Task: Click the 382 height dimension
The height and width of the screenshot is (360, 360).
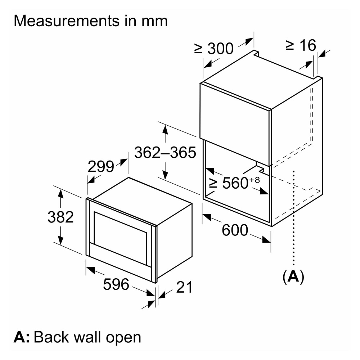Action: click(60, 217)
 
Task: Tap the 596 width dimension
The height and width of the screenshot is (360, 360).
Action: click(116, 285)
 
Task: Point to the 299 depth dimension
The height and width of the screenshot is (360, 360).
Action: click(101, 167)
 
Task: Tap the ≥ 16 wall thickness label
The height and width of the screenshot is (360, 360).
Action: click(301, 46)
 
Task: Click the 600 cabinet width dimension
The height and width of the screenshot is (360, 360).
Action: click(235, 230)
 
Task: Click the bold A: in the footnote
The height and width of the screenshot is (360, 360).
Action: click(22, 337)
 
